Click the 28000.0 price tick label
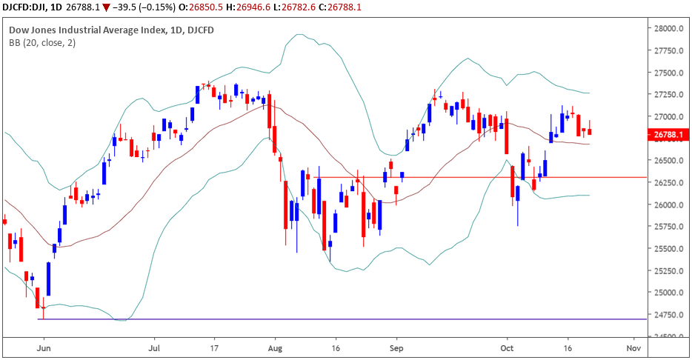[664, 29]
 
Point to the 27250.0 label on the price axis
[664, 95]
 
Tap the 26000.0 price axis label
[664, 204]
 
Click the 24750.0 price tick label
[664, 314]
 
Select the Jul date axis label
[156, 347]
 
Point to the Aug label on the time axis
[275, 347]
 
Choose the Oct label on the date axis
[508, 347]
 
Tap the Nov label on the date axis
[633, 347]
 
